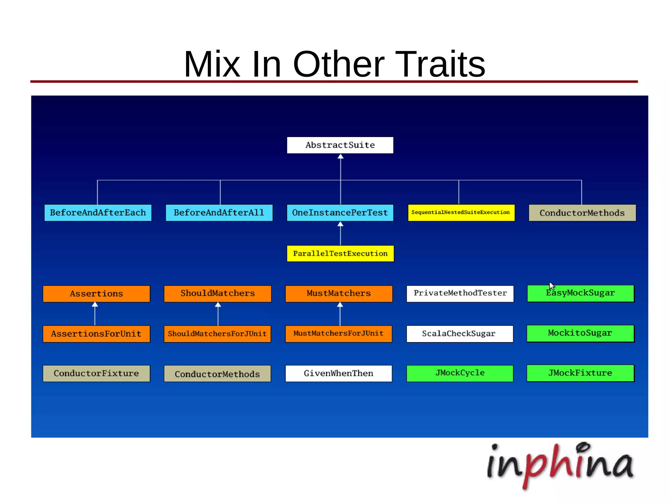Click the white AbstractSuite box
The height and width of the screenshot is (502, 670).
coord(340,145)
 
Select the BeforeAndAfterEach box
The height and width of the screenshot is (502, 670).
coord(98,213)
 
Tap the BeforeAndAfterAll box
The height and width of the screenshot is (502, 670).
coord(219,213)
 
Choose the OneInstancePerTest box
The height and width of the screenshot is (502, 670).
coord(340,213)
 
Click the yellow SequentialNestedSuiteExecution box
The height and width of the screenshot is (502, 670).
coord(461,213)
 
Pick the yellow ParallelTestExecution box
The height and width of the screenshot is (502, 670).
coord(340,253)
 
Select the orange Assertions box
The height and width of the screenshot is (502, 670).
coord(97,294)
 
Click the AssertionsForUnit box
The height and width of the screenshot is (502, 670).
coord(97,334)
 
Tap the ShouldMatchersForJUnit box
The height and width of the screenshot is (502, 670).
coord(218,334)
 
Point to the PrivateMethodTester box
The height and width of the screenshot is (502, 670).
coord(460,293)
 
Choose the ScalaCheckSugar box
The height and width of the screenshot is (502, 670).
coord(460,334)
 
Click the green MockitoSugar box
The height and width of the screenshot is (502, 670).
coord(580,333)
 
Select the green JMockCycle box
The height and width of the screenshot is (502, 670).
coord(460,373)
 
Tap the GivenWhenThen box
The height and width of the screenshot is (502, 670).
coord(339,373)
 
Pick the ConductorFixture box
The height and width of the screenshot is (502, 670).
coord(97,373)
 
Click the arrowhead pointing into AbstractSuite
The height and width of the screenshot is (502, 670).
coord(341,157)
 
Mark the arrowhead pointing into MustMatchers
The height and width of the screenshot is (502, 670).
coord(340,305)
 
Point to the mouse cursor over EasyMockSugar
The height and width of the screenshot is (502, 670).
coord(552,286)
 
